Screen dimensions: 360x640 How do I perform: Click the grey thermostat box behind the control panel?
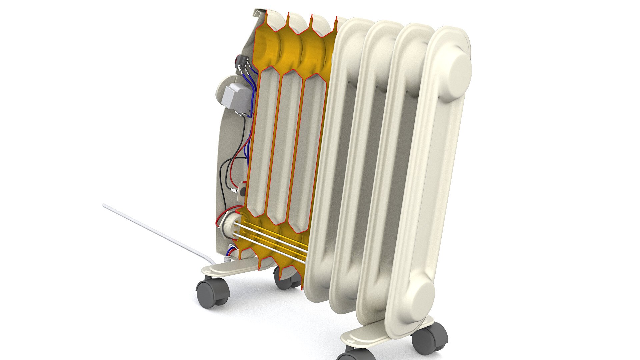coord(237,97)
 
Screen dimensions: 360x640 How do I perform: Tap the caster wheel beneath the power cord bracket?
coord(212,292)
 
